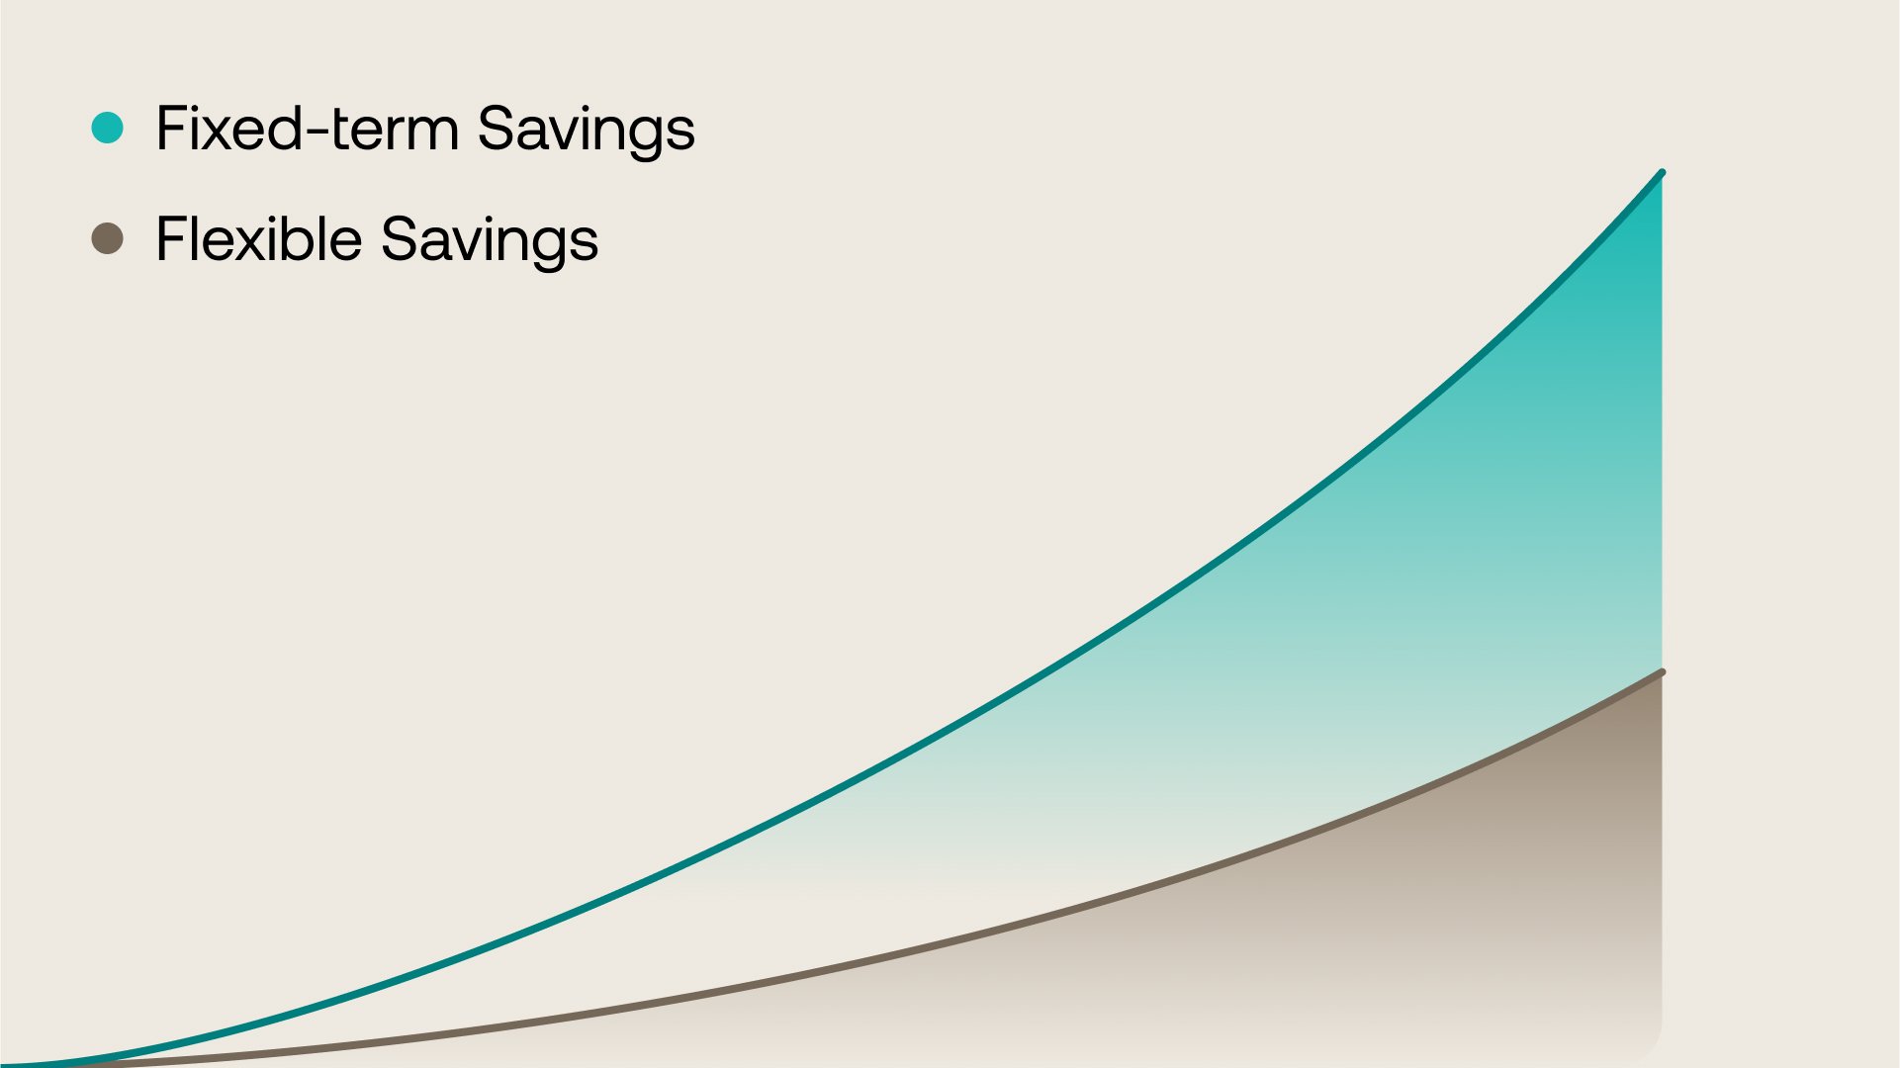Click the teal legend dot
(107, 128)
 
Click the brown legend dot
(107, 238)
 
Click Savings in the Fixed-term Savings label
(586, 131)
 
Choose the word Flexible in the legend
(259, 239)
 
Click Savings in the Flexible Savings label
(490, 241)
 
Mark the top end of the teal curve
(1662, 173)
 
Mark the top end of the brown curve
(1662, 672)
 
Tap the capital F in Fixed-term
(171, 129)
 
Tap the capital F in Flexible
(171, 239)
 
